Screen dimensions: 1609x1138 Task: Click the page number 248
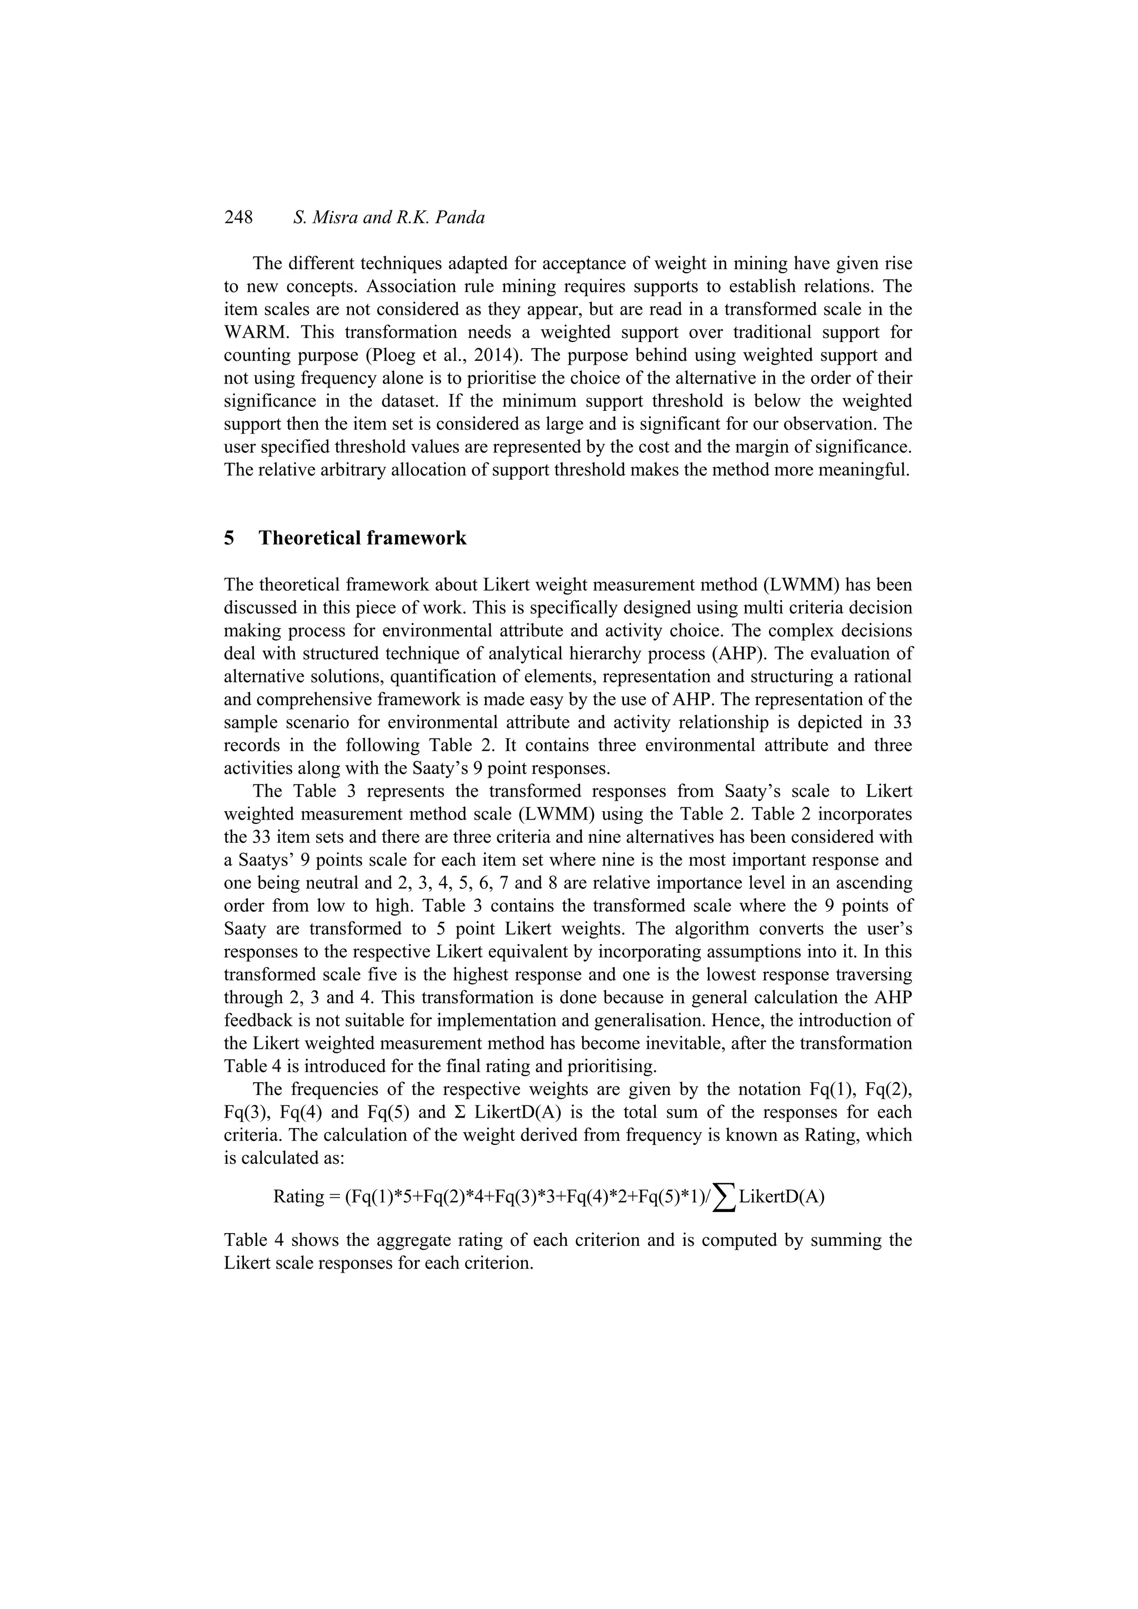[238, 218]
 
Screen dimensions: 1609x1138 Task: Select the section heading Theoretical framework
[362, 538]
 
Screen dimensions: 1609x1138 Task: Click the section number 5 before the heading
[229, 538]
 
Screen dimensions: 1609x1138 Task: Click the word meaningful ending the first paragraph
[868, 470]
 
